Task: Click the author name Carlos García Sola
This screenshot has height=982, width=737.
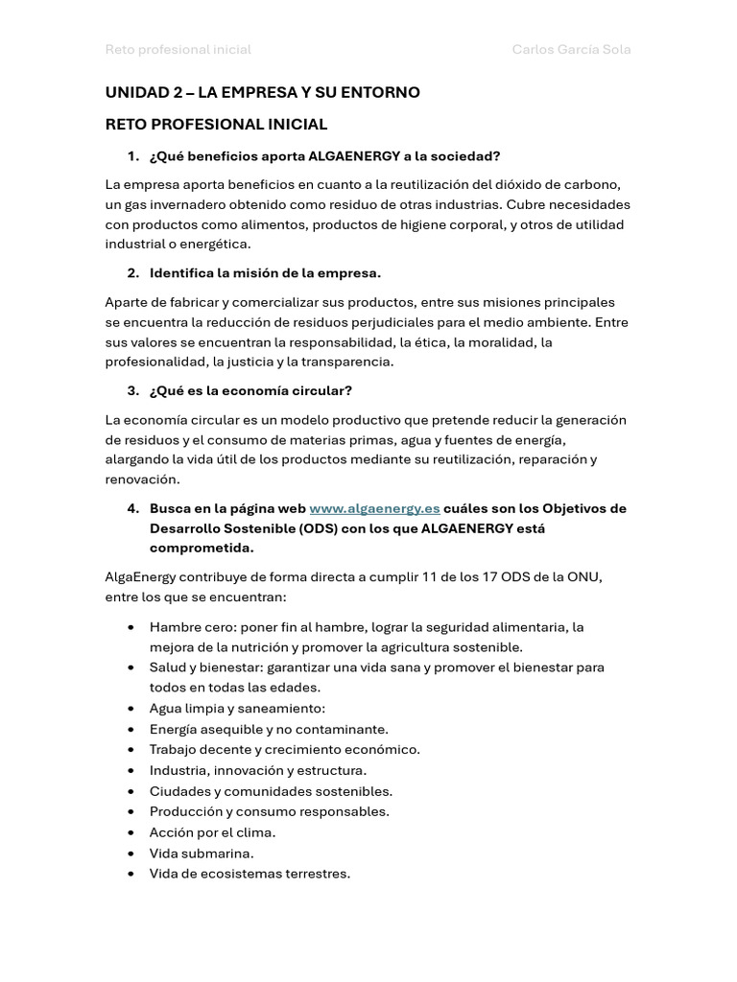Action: tap(571, 49)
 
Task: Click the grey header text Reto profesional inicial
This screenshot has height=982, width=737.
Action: tap(178, 49)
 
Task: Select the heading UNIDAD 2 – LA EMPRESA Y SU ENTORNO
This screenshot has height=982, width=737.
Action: tap(262, 92)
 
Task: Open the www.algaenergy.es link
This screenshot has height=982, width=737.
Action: tap(374, 508)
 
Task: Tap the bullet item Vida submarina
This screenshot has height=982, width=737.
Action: tap(202, 853)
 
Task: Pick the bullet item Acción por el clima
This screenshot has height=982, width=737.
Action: tap(212, 831)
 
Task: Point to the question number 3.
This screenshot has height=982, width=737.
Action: tap(132, 390)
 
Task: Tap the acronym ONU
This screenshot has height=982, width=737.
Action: tap(584, 576)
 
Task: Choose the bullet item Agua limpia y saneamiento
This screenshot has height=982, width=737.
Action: tap(237, 708)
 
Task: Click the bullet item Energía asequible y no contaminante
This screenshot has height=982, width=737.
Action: tap(269, 729)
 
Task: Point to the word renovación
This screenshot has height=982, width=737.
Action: tap(142, 479)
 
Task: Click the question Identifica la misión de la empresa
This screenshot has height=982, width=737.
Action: tap(265, 273)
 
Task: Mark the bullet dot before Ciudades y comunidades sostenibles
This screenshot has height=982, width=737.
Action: tap(131, 791)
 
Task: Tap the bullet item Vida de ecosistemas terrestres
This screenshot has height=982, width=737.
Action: tap(250, 873)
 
